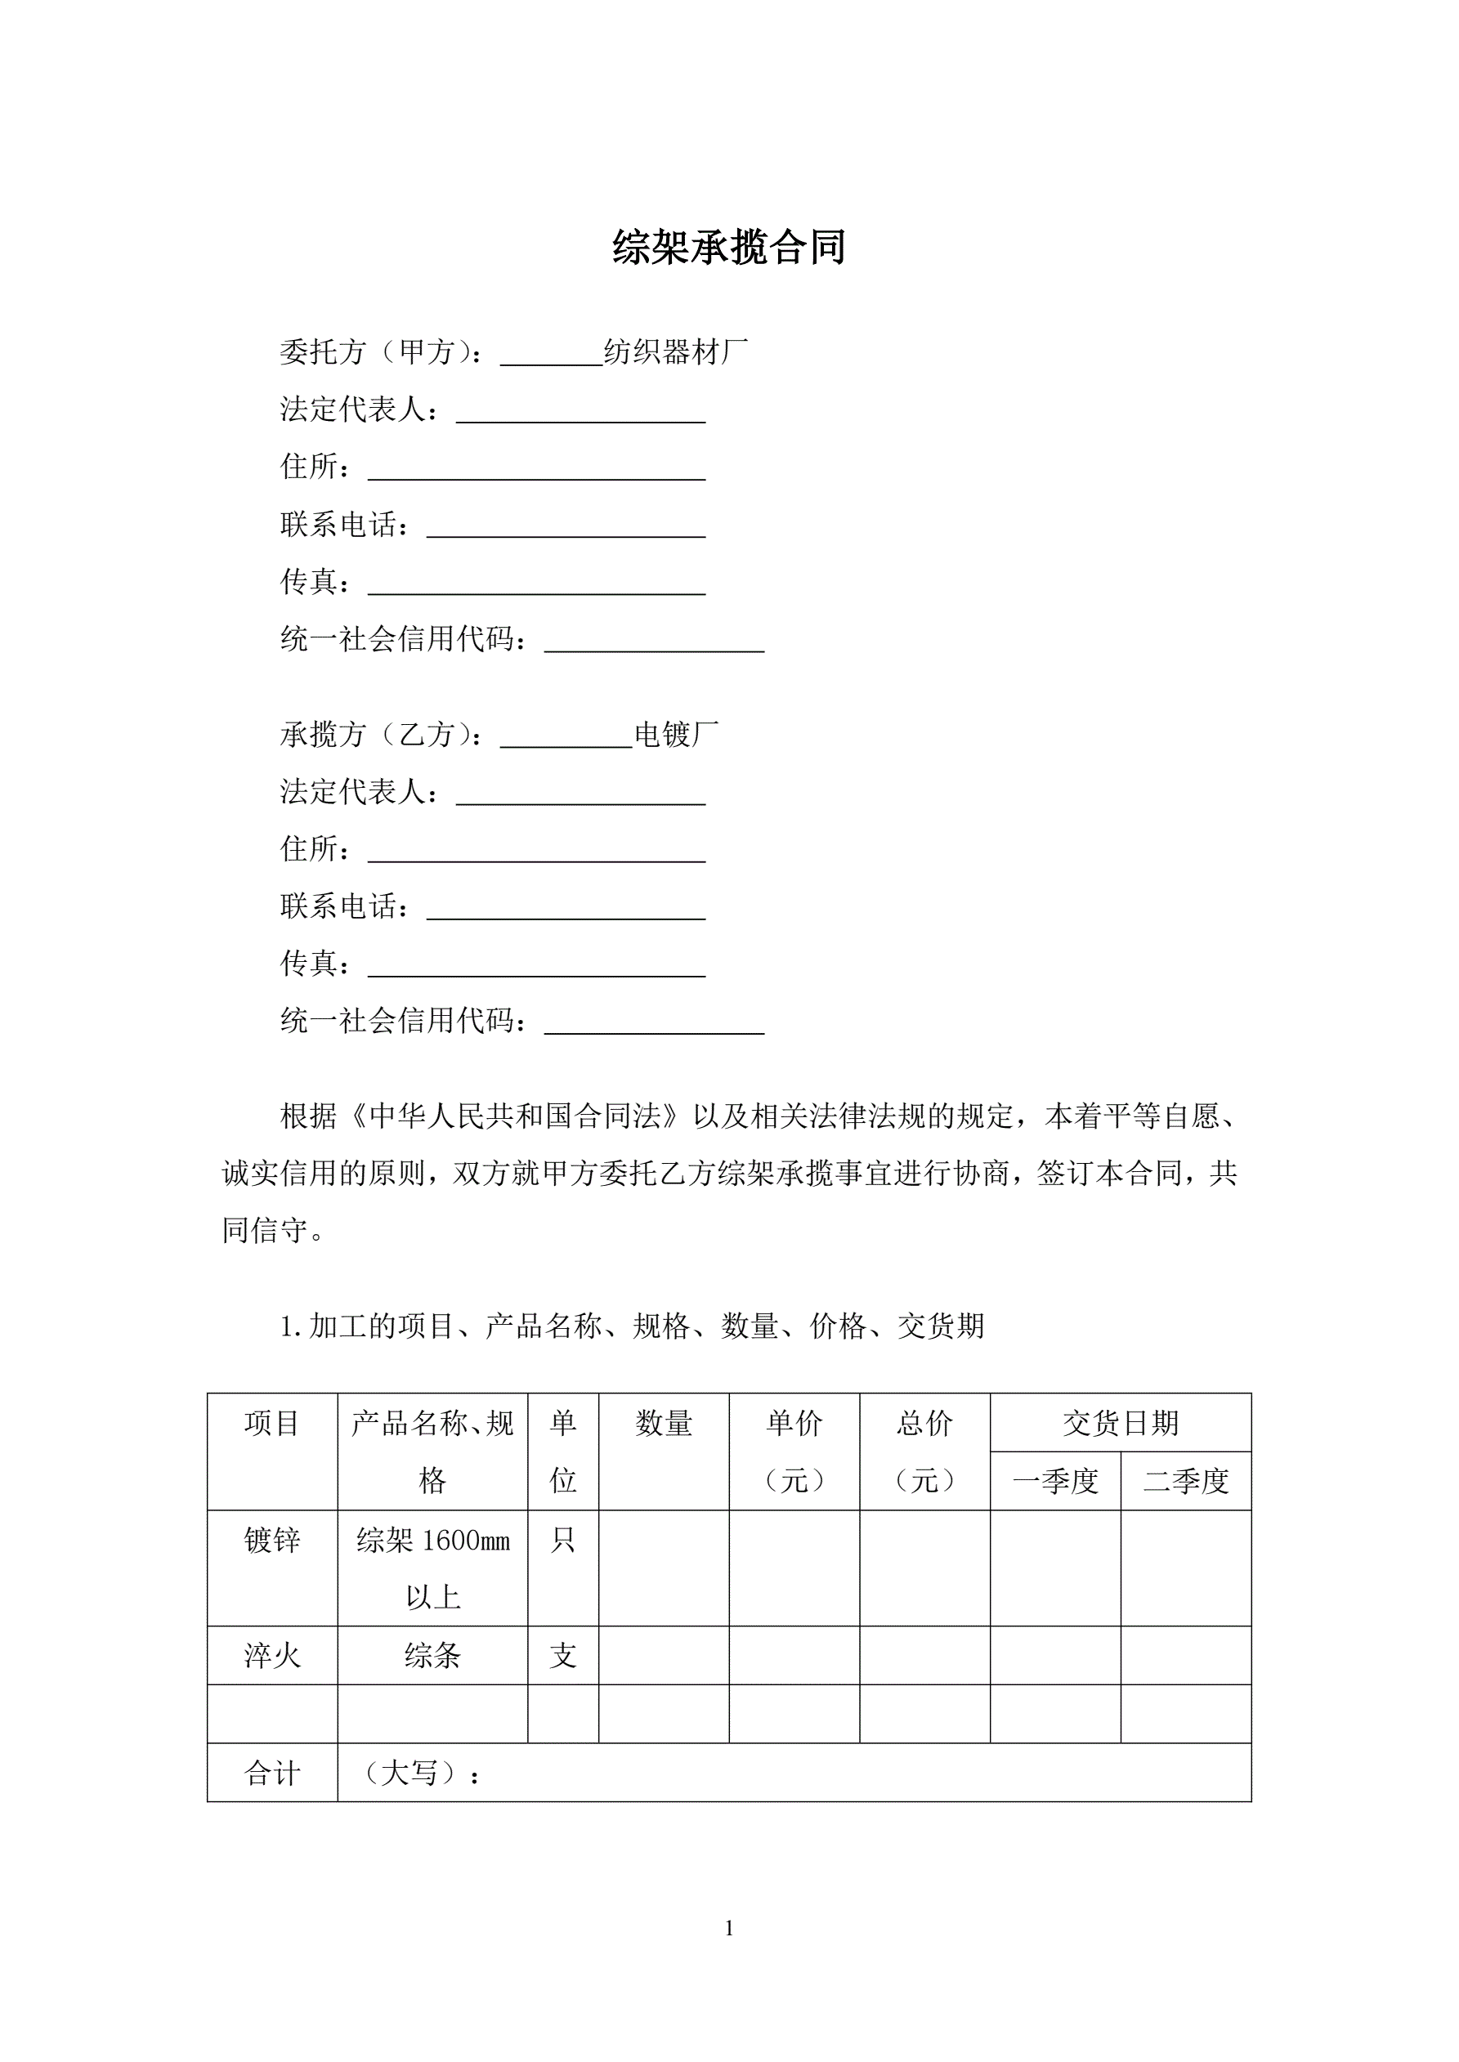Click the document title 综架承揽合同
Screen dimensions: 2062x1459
[728, 247]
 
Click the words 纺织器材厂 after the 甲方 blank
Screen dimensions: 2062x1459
[676, 352]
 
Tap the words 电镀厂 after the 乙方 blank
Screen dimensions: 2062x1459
[677, 735]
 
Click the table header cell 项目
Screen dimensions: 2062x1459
[271, 1424]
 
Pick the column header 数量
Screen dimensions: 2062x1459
[664, 1424]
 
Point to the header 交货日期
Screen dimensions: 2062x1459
[1121, 1423]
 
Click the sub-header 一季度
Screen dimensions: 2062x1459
[1055, 1481]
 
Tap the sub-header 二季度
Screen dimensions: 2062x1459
[1186, 1481]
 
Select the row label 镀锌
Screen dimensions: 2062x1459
[271, 1541]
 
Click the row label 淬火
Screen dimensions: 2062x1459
[271, 1656]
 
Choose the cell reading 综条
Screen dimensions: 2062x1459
[432, 1656]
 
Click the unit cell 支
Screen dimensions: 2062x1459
[563, 1656]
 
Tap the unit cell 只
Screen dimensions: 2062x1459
[563, 1541]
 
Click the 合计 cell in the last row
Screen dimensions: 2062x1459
[271, 1773]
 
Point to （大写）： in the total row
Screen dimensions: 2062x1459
[419, 1773]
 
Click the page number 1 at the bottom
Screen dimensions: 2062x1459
[728, 1928]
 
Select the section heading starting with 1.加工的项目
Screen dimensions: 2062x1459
[633, 1326]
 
